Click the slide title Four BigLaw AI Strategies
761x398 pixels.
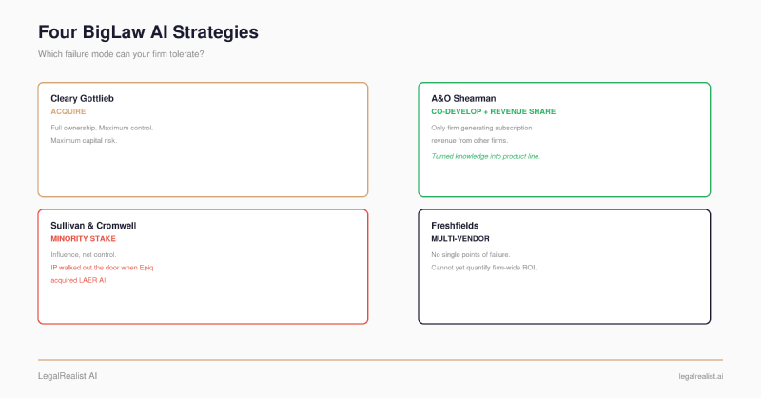[x=148, y=32]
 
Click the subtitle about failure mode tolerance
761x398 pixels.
[x=121, y=54]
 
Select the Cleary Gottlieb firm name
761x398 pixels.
[x=82, y=99]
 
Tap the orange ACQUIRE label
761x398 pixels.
[x=68, y=111]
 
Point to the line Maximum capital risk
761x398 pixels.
[x=84, y=140]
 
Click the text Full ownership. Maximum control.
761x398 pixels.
[x=102, y=128]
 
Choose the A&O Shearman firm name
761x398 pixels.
[x=463, y=99]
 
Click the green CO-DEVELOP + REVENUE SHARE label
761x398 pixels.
[x=494, y=111]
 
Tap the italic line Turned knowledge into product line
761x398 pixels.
[x=486, y=156]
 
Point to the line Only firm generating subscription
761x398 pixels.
[x=481, y=128]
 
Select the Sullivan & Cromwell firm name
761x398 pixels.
[x=93, y=226]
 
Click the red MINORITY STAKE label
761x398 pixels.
[x=84, y=239]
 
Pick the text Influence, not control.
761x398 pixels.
[x=84, y=254]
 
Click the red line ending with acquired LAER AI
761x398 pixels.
[x=79, y=280]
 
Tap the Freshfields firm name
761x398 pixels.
[x=455, y=226]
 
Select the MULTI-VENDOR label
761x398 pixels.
[x=460, y=239]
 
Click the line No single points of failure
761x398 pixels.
[x=471, y=254]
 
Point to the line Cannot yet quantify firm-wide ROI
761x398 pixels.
[x=484, y=268]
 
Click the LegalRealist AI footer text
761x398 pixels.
[x=68, y=376]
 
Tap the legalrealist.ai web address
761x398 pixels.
[x=701, y=377]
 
